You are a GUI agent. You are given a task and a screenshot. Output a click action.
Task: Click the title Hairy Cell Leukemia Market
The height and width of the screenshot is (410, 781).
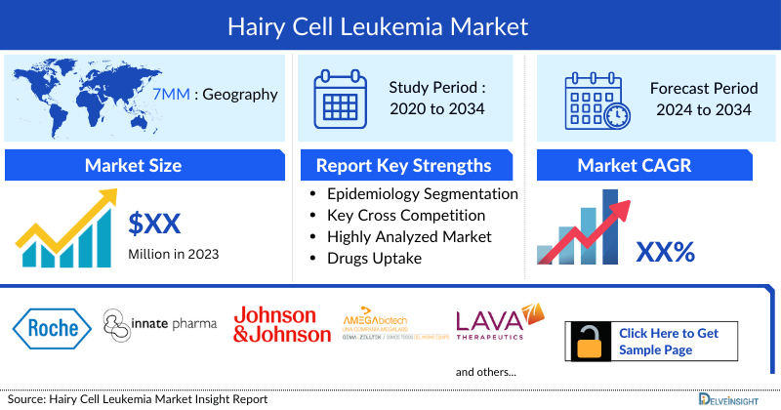390,25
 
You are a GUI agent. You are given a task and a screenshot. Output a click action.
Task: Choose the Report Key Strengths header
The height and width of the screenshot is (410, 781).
403,165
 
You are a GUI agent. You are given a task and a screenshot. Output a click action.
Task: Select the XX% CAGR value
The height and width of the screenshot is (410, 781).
665,252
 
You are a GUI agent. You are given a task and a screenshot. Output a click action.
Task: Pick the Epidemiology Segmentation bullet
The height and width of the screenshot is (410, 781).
422,193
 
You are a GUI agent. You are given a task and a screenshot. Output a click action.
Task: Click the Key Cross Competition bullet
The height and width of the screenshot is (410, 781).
406,215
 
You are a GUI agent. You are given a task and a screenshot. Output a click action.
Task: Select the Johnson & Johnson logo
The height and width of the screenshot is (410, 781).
281,324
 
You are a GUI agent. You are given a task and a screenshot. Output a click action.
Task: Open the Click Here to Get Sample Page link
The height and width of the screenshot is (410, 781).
668,341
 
